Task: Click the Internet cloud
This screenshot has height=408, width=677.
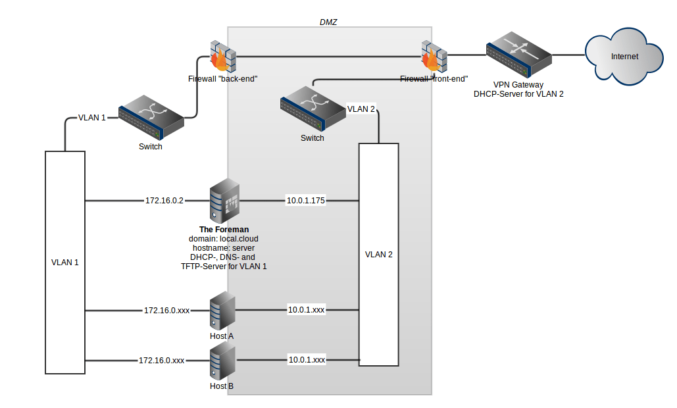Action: click(624, 57)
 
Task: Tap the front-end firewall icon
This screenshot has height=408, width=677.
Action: click(434, 57)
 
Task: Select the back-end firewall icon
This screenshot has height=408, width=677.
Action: click(222, 56)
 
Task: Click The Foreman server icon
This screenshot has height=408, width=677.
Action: click(224, 201)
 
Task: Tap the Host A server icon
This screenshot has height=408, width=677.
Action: click(222, 311)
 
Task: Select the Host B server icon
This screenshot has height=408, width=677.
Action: click(222, 363)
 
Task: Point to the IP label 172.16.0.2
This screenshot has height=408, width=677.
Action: click(164, 199)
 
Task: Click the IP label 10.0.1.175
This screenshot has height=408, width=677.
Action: click(306, 199)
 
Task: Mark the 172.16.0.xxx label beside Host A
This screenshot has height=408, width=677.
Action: click(167, 309)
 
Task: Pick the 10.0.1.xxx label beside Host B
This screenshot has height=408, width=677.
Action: click(307, 360)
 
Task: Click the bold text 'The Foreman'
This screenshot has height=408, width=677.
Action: click(224, 230)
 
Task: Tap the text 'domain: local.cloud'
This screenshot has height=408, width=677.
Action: click(224, 239)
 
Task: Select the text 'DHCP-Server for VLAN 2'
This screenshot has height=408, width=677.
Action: click(518, 94)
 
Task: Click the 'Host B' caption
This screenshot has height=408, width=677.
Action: click(222, 386)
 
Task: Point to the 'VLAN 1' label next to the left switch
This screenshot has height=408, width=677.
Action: click(92, 118)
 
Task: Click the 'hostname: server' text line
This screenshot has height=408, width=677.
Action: click(224, 248)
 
